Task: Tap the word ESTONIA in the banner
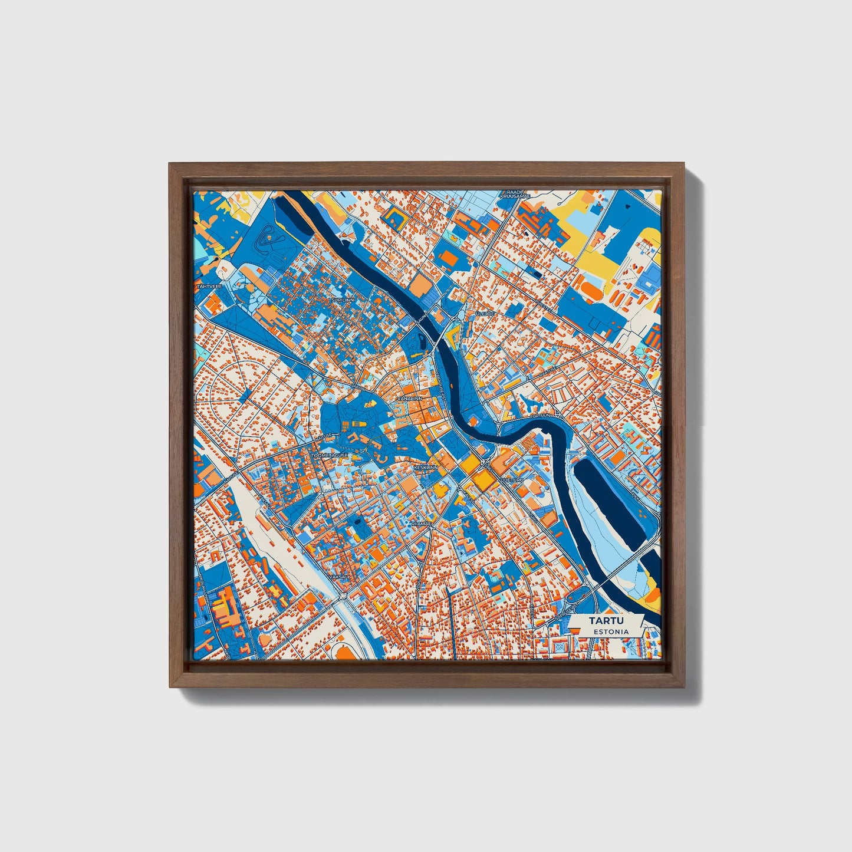(x=611, y=631)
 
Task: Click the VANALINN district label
(x=410, y=399)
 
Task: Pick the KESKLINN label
(x=426, y=467)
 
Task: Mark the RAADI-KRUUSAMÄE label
(x=512, y=194)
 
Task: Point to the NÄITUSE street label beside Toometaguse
(x=323, y=437)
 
